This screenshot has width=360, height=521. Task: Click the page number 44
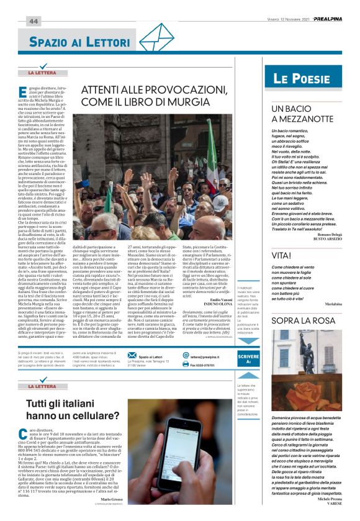tap(33, 21)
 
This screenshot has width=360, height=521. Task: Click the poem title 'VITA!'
tap(281, 255)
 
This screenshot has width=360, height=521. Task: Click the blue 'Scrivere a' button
tap(248, 358)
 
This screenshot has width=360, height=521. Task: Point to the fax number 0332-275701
tap(208, 365)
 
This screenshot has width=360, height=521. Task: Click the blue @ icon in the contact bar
tap(185, 356)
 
